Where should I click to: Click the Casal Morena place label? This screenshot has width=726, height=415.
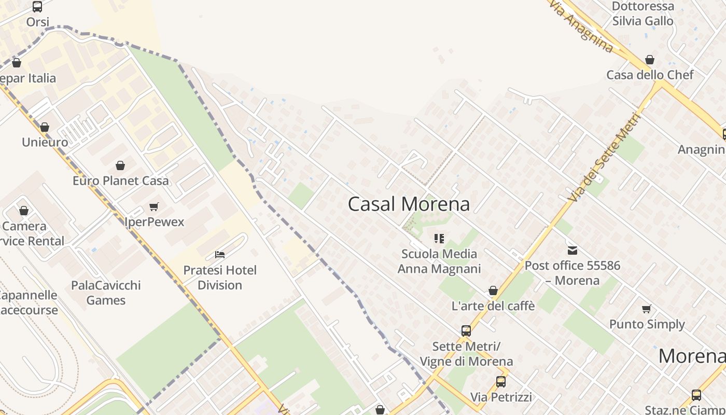(x=409, y=204)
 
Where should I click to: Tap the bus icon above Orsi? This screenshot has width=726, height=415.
(x=37, y=7)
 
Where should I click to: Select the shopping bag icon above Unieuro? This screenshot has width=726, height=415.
(x=45, y=127)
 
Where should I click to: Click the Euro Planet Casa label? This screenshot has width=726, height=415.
(x=120, y=181)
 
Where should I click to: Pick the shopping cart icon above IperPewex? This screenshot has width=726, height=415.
(x=154, y=207)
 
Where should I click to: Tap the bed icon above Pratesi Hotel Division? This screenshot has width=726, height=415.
(x=220, y=255)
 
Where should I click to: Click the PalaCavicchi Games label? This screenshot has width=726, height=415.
(x=106, y=293)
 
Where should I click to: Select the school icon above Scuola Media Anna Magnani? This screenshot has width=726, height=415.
(x=439, y=239)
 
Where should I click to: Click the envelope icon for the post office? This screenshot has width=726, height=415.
(x=572, y=251)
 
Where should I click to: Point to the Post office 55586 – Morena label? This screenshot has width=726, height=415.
(x=572, y=273)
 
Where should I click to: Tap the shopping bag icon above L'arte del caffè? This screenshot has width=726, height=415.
(x=493, y=290)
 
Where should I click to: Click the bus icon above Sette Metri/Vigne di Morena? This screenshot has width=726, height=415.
(x=466, y=330)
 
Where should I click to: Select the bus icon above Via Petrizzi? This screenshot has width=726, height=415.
(x=501, y=382)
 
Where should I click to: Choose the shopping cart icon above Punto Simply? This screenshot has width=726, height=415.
(x=647, y=309)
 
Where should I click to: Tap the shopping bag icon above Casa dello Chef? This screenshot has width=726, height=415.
(x=650, y=60)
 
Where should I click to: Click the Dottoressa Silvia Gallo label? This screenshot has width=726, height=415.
(x=643, y=14)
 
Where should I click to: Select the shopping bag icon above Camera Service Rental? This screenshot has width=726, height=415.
(x=24, y=211)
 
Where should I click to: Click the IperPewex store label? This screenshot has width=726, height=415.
(x=155, y=222)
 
